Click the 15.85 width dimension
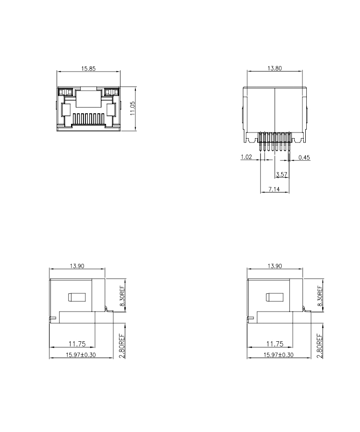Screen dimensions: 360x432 coord(88,68)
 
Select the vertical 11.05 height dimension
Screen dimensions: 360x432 coord(133,108)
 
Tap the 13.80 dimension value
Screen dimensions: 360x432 coord(275,68)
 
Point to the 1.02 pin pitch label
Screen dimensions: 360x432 coord(246,157)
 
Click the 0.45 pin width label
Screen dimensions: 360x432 coord(304,157)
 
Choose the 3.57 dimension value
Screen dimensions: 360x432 coord(281,174)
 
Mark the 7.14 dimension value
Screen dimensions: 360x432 coord(274,189)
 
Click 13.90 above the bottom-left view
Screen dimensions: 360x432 coord(77,266)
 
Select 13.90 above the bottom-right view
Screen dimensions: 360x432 coord(275,266)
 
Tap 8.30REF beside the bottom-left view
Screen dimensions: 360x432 coord(122,296)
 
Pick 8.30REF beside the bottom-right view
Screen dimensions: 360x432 coord(320,296)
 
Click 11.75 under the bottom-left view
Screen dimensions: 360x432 coord(77,344)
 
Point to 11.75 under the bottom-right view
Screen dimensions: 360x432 coord(275,344)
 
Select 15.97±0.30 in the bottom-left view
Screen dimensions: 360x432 coord(81,355)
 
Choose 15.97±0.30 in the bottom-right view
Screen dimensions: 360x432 coord(278,355)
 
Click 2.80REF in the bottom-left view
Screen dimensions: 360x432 coord(122,346)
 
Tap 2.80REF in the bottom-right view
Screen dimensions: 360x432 coord(320,346)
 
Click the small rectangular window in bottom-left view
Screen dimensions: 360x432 coord(77,297)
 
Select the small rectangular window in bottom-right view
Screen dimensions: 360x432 coord(275,297)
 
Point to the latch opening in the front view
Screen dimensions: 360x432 coord(88,98)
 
